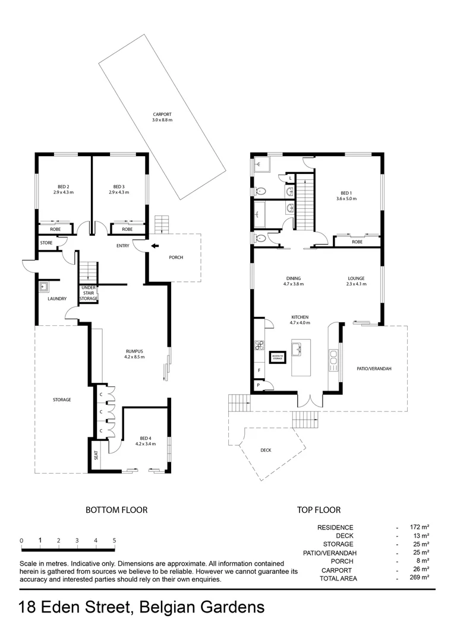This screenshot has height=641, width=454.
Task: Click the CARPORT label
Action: click(162, 117)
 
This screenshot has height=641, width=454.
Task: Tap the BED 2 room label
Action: click(61, 189)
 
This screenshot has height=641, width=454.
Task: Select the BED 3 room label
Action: click(118, 189)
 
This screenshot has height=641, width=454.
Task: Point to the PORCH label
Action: click(176, 258)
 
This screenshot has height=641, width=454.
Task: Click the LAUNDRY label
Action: click(57, 299)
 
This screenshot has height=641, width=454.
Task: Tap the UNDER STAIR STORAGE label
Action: click(89, 294)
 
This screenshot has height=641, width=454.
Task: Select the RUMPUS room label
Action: click(134, 354)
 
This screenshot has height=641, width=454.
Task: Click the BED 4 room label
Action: click(145, 440)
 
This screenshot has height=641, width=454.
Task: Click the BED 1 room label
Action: click(346, 196)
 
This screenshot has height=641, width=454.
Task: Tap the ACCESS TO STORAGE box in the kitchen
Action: click(278, 357)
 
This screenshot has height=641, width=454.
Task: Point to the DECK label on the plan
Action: click(266, 450)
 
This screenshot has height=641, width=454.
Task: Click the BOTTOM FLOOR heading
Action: click(116, 509)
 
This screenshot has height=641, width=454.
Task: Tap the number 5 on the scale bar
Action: click(114, 541)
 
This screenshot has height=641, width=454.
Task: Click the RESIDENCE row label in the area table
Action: click(335, 527)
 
